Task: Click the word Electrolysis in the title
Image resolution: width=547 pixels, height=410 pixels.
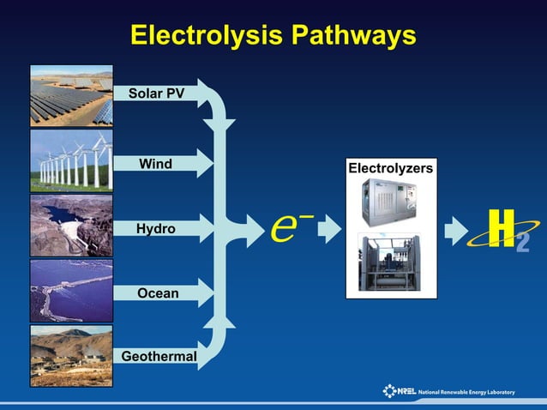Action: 206,35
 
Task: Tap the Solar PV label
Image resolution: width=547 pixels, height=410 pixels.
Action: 156,92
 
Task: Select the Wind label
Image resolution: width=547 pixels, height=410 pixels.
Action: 155,163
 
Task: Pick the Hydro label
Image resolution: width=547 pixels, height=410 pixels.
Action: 155,229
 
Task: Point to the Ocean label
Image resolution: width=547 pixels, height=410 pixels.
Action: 158,293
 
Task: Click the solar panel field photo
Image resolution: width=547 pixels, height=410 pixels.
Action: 71,95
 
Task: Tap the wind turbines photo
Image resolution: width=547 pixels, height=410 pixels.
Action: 71,160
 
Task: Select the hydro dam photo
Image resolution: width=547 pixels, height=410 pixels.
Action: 71,225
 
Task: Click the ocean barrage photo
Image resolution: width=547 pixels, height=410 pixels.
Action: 71,290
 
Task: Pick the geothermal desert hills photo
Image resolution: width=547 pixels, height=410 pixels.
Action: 71,355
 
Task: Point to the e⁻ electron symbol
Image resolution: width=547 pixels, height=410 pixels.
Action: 284,227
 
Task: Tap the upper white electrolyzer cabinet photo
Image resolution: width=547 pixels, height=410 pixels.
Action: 390,202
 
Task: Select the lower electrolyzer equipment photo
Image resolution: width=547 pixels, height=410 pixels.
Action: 390,262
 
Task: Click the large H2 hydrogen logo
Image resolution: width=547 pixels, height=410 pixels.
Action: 500,229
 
